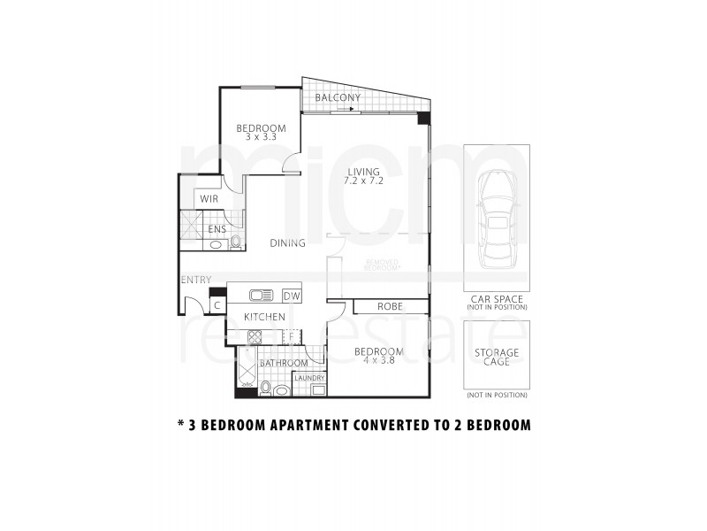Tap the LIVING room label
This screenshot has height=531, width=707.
(363, 172)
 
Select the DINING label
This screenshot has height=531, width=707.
(288, 243)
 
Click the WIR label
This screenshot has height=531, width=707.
(209, 200)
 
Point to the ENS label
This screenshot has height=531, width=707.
(217, 229)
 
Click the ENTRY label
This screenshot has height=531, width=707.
(195, 281)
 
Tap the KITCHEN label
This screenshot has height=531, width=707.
(264, 317)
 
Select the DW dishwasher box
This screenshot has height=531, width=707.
(292, 296)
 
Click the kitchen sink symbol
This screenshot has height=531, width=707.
(261, 296)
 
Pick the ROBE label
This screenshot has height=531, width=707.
(390, 306)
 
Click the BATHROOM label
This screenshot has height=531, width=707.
(284, 363)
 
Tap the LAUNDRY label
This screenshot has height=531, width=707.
(309, 378)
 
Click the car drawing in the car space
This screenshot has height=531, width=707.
(497, 219)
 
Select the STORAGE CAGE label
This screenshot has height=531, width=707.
(497, 358)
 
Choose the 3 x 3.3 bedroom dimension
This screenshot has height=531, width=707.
(261, 137)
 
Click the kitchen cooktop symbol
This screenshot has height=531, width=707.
(255, 336)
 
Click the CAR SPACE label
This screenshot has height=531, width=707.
(497, 300)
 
